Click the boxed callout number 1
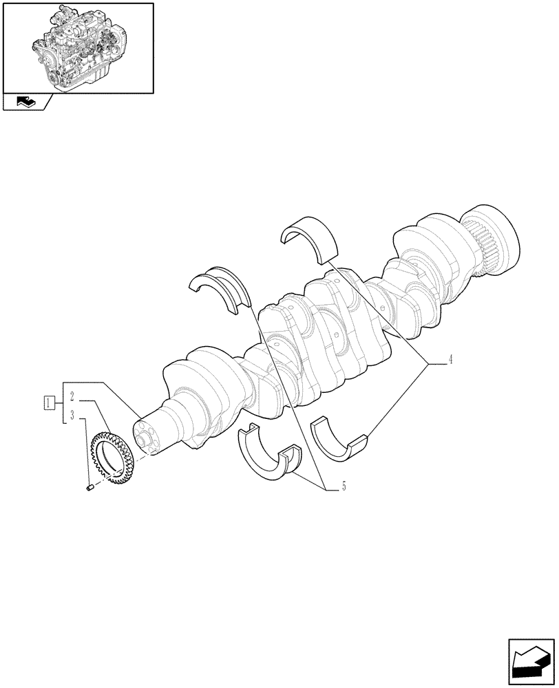48,402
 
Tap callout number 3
72,417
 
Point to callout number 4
450,359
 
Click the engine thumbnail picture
77,47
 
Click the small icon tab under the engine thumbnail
25,103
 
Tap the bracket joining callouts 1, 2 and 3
63,402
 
